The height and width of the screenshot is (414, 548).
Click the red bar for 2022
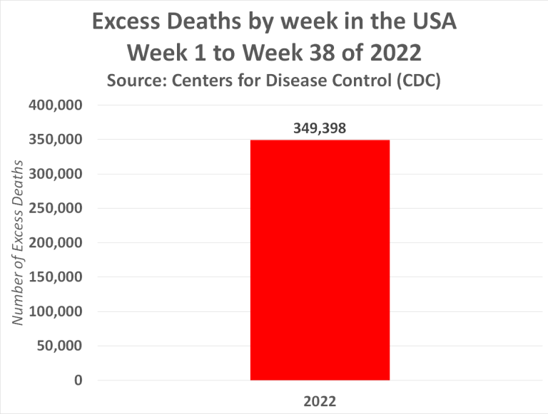(x=320, y=260)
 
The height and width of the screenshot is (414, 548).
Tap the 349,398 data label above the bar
(x=320, y=128)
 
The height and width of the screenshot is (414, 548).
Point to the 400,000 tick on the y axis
(x=54, y=105)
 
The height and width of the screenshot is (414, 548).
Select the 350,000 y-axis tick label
(x=54, y=140)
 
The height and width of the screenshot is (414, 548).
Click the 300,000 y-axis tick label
(x=54, y=174)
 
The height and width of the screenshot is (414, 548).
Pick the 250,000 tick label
(x=54, y=208)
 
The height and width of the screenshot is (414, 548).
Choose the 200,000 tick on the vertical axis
(x=54, y=242)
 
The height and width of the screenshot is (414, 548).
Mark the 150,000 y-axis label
(x=54, y=276)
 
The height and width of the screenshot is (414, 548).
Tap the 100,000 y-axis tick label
(x=54, y=311)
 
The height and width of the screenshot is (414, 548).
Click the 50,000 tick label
(x=58, y=346)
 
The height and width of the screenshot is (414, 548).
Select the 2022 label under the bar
(x=320, y=400)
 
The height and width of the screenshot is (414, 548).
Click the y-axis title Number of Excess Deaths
(x=18, y=242)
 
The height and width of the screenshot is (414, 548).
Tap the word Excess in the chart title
(x=138, y=24)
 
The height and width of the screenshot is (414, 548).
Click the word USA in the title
(x=431, y=24)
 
